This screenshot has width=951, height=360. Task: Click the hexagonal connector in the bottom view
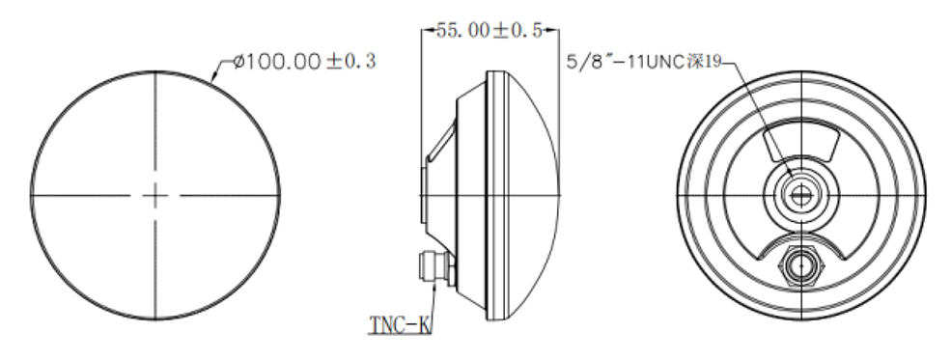click(799, 263)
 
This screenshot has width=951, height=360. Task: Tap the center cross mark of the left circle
click(155, 195)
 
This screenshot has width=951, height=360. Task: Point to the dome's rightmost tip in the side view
click(559, 195)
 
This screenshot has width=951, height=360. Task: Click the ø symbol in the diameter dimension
click(238, 63)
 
